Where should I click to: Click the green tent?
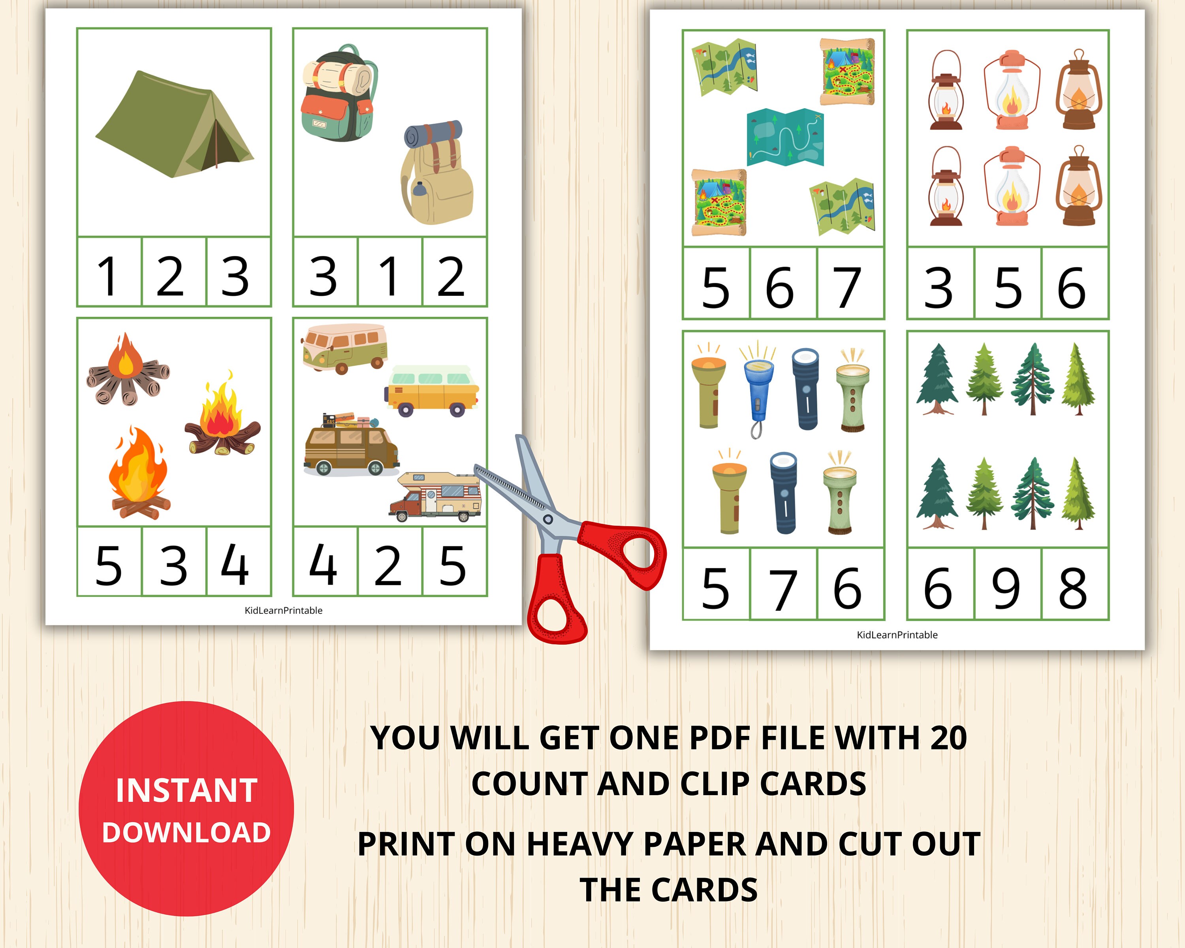point(175,125)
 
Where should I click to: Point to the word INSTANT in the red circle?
point(186,790)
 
